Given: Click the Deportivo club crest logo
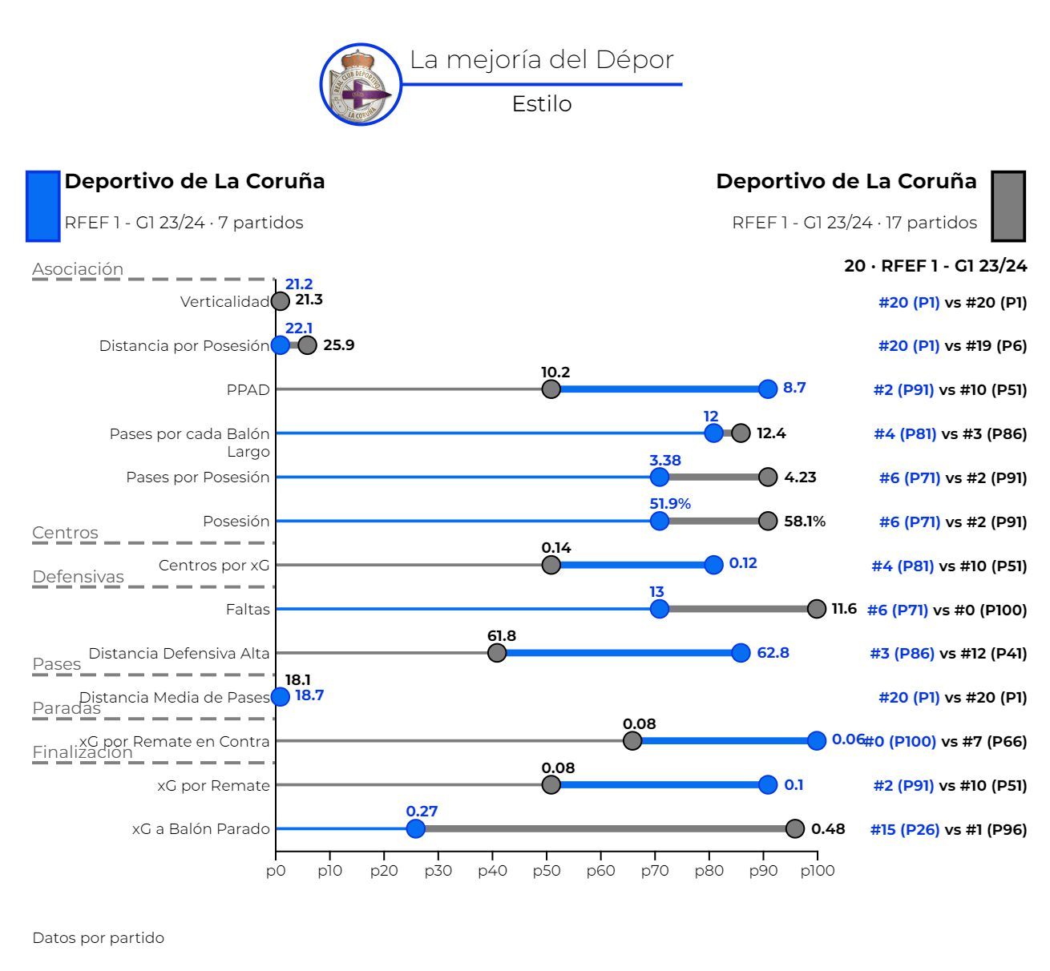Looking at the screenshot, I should [x=361, y=85].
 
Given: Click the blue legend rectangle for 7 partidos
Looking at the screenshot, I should [x=43, y=206].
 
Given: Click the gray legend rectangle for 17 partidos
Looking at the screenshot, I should [x=1008, y=206].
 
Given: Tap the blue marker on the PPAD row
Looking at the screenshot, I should [x=768, y=389].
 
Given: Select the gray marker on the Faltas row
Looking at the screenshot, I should [x=817, y=609].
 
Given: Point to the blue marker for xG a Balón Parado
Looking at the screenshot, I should [x=415, y=828].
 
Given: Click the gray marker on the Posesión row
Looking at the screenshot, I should [x=768, y=521].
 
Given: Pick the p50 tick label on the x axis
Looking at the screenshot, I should [x=547, y=871].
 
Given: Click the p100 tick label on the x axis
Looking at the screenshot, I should [x=817, y=871].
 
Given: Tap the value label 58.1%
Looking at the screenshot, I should [x=805, y=522].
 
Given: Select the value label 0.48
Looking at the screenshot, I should [x=828, y=829].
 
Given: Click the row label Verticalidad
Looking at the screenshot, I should [x=224, y=302].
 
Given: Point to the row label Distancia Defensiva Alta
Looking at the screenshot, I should [x=179, y=653].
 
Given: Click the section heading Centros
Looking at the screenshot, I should [x=65, y=533].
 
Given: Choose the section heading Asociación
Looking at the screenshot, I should [x=78, y=269].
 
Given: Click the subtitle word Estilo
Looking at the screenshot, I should [x=542, y=104].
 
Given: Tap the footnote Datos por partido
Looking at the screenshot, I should [x=98, y=937].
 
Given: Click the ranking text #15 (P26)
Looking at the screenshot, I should [x=904, y=830].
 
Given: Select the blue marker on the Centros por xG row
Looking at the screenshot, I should [x=713, y=565].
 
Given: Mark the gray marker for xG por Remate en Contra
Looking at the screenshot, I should [x=632, y=740].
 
